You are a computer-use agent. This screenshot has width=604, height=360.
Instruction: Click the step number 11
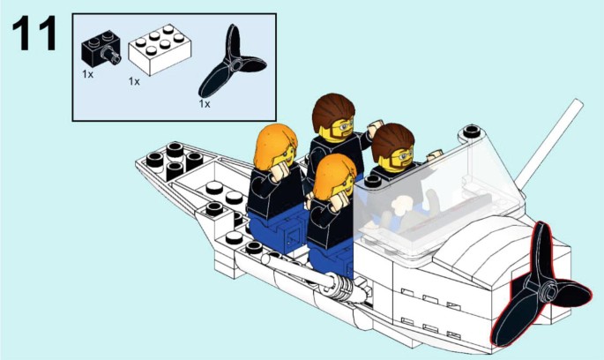pyautogui.click(x=34, y=34)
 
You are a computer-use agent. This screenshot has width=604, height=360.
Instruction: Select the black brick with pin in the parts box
pyautogui.click(x=101, y=49)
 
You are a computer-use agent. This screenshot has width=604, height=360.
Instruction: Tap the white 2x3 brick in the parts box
pyautogui.click(x=160, y=49)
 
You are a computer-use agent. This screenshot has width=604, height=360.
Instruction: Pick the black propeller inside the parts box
pyautogui.click(x=232, y=62)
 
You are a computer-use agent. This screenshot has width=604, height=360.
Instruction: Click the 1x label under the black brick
pyautogui.click(x=88, y=74)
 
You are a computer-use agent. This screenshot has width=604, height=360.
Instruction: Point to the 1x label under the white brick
pyautogui.click(x=134, y=81)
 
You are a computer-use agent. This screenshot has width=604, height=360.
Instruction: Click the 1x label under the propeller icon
pyautogui.click(x=205, y=104)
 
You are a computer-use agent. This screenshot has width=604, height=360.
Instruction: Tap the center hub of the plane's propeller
pyautogui.click(x=548, y=293)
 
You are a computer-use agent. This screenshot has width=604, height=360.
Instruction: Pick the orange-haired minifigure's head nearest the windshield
pyautogui.click(x=334, y=178)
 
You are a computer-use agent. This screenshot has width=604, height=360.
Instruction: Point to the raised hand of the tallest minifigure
pyautogui.click(x=375, y=128)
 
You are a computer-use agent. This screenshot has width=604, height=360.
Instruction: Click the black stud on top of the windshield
pyautogui.click(x=472, y=131)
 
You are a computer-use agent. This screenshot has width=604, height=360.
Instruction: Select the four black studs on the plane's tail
pyautogui.click(x=174, y=158)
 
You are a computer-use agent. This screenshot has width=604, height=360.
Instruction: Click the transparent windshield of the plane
pyautogui.click(x=436, y=200)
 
